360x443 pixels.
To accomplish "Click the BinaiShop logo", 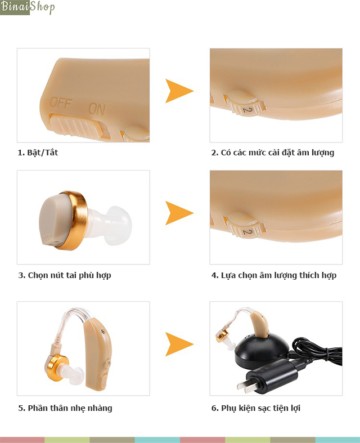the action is click(x=28, y=7).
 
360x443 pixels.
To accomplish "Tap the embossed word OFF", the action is click(x=61, y=103).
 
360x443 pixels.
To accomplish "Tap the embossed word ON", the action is click(x=97, y=109).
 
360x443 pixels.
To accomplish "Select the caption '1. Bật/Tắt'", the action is click(x=38, y=153).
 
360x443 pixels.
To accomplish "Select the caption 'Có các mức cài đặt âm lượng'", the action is click(x=277, y=153).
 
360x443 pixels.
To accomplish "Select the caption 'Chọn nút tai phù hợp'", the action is click(x=69, y=275).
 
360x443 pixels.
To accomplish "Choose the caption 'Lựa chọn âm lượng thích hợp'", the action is click(x=278, y=275).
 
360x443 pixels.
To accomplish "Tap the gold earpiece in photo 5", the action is click(x=58, y=367).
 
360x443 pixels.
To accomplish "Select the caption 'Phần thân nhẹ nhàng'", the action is click(x=70, y=408).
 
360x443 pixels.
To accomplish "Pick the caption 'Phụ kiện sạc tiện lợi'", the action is click(x=260, y=408).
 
